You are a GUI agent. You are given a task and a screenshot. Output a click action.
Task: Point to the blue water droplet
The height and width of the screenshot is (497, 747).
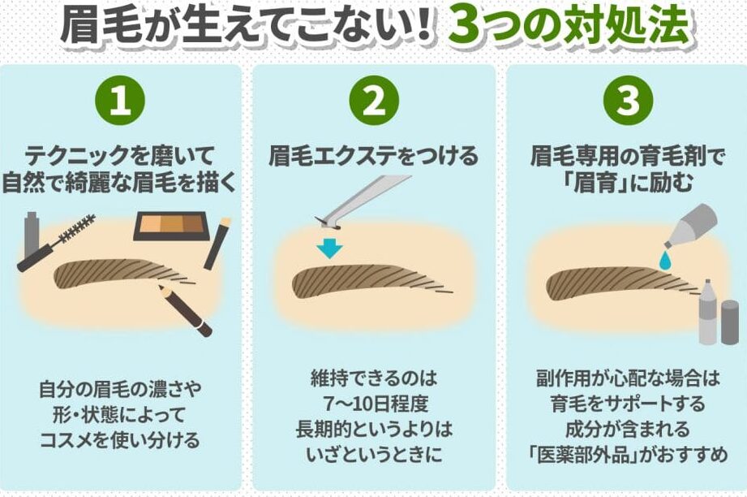[664, 260]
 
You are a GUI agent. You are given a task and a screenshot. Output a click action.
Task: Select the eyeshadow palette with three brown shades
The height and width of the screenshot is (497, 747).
[171, 226]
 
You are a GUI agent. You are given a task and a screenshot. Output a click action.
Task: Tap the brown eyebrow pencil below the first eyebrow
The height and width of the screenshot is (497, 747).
[185, 310]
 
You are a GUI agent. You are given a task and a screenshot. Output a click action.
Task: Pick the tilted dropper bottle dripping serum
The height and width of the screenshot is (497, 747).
[691, 226]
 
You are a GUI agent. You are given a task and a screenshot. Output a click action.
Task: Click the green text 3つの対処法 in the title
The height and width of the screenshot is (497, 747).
[569, 26]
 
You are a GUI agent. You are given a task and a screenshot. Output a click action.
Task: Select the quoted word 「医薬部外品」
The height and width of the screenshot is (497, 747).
[584, 454]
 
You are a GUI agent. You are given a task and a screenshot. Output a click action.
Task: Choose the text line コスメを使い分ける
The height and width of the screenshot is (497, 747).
[120, 440]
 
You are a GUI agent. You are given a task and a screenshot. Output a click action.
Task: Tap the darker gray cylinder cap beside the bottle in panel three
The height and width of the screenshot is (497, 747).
[730, 322]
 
